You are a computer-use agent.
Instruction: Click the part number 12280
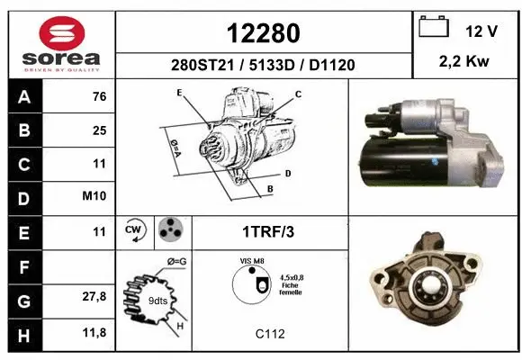[x=263, y=33]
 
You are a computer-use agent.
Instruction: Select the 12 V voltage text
[x=481, y=31]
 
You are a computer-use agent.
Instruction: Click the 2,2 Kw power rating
[x=465, y=62]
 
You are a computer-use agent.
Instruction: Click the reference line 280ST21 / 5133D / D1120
[x=263, y=65]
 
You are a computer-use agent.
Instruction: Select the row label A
[x=23, y=97]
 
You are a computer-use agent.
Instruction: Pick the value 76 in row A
[x=99, y=97]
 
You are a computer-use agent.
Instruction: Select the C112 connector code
[x=270, y=334]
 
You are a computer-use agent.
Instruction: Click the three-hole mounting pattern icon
[x=169, y=230]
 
